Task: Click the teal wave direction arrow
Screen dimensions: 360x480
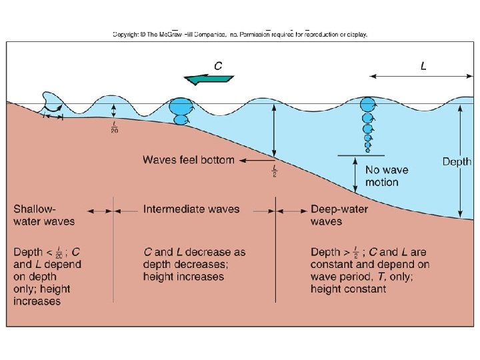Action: (x=208, y=79)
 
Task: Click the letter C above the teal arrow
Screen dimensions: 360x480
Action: (x=217, y=65)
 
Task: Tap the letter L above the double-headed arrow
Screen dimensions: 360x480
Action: (x=423, y=65)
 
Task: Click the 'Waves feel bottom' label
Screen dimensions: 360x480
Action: (x=189, y=160)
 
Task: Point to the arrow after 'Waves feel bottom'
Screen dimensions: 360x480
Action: (x=256, y=160)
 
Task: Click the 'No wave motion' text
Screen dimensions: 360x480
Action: (x=387, y=176)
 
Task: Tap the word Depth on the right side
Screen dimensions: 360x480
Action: (x=457, y=161)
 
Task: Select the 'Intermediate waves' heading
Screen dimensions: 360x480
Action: (x=191, y=209)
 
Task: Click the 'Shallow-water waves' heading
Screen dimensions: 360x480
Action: (x=44, y=215)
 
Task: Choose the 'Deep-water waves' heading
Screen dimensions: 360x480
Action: (x=339, y=215)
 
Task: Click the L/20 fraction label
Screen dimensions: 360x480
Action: (x=114, y=127)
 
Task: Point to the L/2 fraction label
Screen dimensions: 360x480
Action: (x=274, y=171)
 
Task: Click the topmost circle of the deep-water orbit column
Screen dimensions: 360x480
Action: (x=367, y=105)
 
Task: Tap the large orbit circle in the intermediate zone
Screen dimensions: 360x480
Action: (x=179, y=106)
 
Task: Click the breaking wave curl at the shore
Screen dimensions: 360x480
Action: (x=51, y=101)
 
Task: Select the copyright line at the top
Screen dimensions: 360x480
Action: (x=240, y=34)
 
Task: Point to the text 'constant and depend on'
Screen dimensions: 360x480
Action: (x=370, y=265)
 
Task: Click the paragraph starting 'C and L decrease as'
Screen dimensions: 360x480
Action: (x=194, y=264)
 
